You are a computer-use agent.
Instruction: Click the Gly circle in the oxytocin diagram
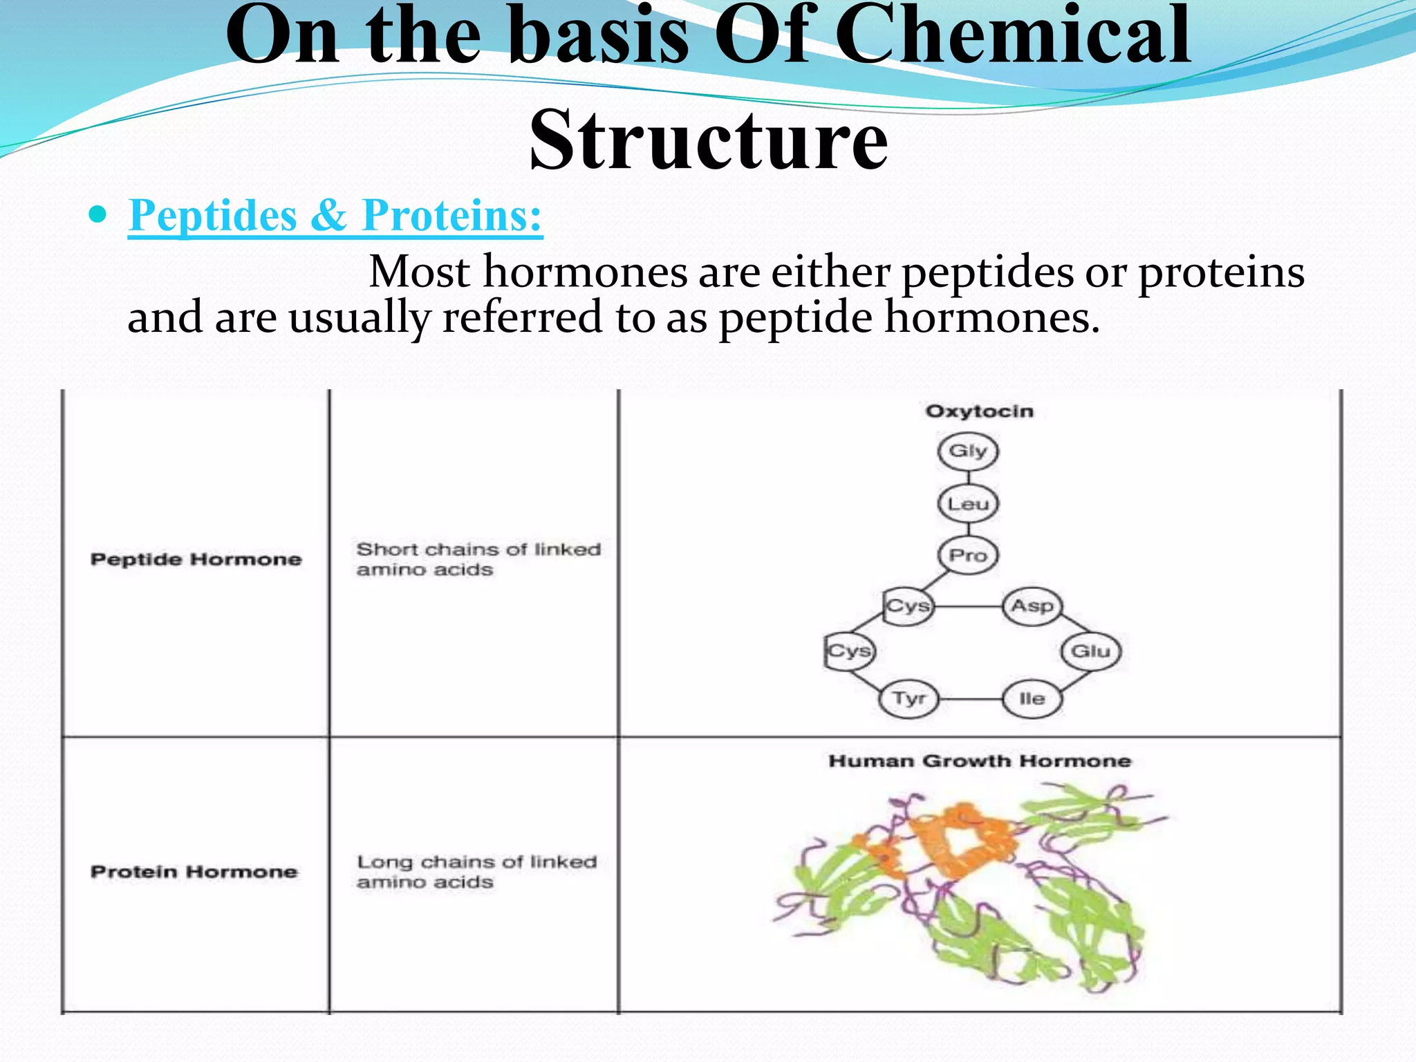pos(968,451)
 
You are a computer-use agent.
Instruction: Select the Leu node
pos(968,504)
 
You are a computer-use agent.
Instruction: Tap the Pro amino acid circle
pos(968,555)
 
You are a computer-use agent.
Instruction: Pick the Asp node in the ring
pos(1032,606)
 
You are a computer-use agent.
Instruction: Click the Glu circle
pos(1090,651)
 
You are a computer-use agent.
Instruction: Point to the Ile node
pos(1032,699)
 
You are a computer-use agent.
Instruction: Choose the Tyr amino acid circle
pos(909,699)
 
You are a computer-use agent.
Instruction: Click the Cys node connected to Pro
pos(909,607)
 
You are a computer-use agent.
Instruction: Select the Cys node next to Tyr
pos(850,651)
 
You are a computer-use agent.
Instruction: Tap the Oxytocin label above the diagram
pos(980,411)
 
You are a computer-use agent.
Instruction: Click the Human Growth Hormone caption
pos(980,761)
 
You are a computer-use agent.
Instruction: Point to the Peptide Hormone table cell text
pos(196,559)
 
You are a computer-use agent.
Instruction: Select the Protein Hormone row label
pos(194,872)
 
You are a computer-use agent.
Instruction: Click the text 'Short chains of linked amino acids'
pos(478,559)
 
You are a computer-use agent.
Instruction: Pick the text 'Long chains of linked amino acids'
pos(476,872)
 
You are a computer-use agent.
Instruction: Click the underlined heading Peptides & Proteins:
pos(335,215)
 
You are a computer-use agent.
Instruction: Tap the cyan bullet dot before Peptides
pos(99,215)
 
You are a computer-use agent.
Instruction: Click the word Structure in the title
pos(708,140)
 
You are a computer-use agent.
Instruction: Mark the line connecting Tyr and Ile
pos(971,699)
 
